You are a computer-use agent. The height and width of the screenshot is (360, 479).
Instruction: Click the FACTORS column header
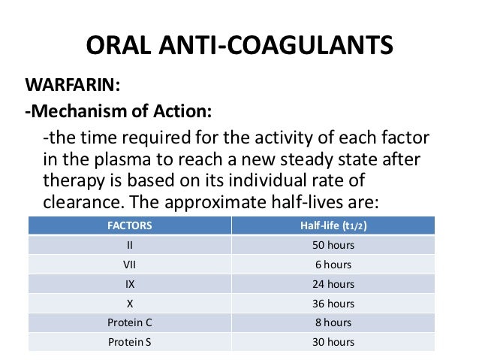point(129,225)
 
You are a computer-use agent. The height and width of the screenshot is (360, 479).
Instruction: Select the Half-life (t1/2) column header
point(333,225)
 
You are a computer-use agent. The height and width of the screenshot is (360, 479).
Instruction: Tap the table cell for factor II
point(129,245)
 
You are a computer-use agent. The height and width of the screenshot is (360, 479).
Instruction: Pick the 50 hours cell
point(333,245)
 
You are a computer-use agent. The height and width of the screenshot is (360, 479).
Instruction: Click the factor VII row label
point(129,265)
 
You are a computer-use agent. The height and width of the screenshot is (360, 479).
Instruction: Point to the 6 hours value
point(333,265)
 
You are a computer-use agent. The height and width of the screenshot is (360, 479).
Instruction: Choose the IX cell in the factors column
point(129,284)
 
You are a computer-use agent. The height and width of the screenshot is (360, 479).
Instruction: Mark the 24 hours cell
point(333,284)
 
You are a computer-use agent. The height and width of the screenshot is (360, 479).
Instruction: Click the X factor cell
point(129,304)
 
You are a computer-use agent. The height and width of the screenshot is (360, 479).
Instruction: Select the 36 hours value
point(333,304)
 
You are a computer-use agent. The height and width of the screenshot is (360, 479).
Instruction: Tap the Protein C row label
point(129,323)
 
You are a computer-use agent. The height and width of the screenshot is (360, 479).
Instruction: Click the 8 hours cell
point(333,323)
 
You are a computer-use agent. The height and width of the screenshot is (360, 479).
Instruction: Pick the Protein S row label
point(129,343)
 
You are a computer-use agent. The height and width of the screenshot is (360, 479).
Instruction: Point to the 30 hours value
point(333,343)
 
